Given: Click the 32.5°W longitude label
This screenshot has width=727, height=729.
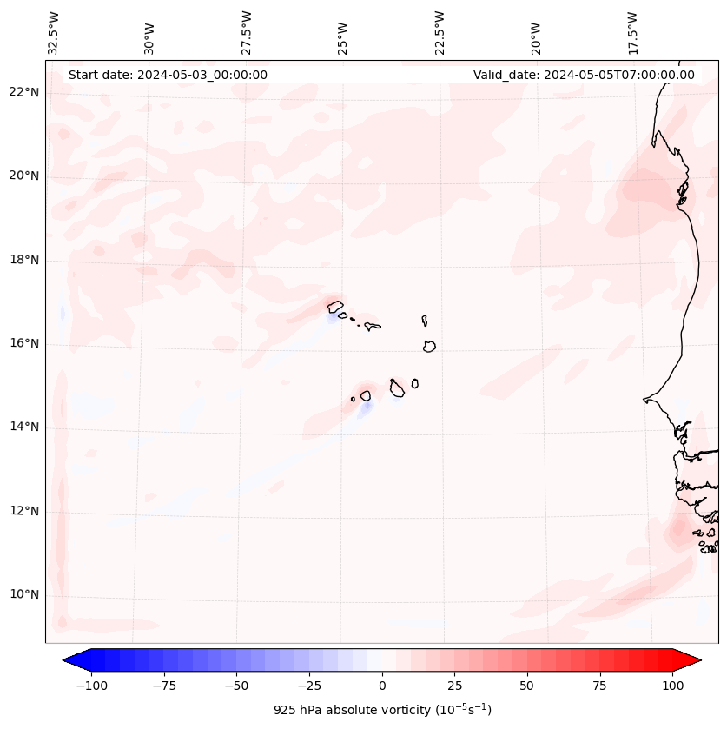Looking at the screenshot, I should click(54, 32).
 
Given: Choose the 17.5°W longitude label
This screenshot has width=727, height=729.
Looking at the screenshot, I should click(633, 32).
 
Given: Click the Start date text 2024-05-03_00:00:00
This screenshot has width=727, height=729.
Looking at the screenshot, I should click(168, 75).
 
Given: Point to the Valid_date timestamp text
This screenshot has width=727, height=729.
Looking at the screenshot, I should click(584, 75).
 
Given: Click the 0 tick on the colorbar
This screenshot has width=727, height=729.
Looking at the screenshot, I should click(381, 686).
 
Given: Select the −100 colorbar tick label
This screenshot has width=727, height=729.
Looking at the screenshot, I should click(91, 686).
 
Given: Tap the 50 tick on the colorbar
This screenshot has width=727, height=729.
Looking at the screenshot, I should click(527, 686).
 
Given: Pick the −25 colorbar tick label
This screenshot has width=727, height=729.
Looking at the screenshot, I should click(308, 686).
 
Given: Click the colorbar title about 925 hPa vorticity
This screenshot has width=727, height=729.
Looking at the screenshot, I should click(382, 710).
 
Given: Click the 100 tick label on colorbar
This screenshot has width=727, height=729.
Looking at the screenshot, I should click(672, 686).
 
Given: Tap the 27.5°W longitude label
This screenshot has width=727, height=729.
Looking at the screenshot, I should click(247, 32).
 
